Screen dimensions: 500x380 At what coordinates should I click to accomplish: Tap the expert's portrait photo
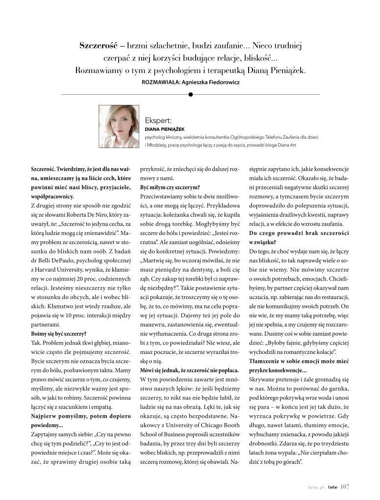[119, 126]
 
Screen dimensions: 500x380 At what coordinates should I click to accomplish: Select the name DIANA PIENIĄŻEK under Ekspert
[163, 129]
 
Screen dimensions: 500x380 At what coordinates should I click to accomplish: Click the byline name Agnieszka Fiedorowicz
[210, 82]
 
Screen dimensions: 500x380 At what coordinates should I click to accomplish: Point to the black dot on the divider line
[190, 94]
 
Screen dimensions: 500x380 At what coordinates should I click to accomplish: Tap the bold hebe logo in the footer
[333, 487]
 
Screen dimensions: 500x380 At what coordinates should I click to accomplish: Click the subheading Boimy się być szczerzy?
[58, 333]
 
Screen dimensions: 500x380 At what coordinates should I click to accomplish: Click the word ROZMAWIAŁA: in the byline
[159, 82]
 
